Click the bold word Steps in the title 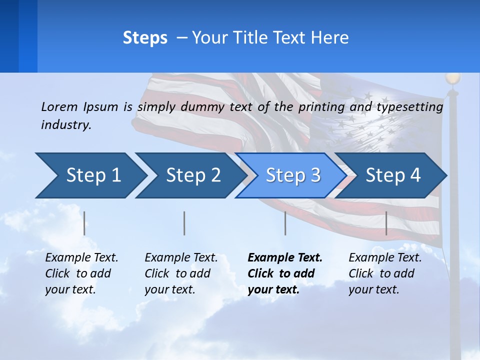tap(145, 38)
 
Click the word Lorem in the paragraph tap(58, 106)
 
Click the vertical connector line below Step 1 tap(84, 223)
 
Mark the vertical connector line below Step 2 tap(184, 223)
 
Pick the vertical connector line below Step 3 tap(285, 223)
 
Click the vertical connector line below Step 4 tap(386, 223)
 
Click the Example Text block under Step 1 tap(81, 273)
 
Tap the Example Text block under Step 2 tap(181, 273)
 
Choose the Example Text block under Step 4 tap(385, 273)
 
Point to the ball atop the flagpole tap(452, 78)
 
